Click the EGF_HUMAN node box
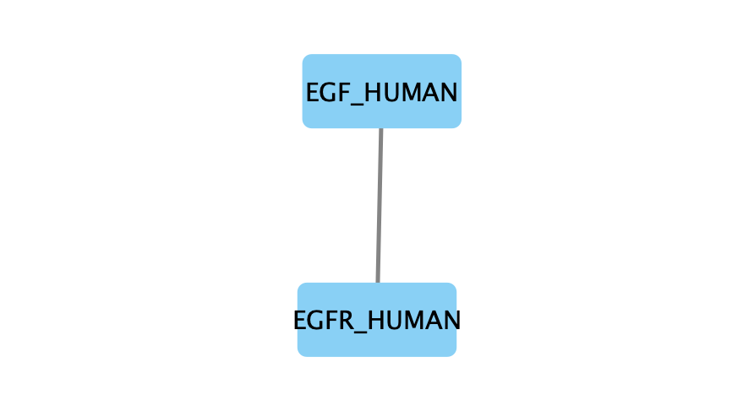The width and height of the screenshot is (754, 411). (382, 91)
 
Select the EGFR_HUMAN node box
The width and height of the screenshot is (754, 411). (377, 320)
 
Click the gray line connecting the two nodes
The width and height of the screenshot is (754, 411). (380, 206)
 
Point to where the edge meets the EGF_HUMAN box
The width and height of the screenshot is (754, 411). (381, 128)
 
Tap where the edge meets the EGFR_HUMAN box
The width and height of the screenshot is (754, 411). (378, 283)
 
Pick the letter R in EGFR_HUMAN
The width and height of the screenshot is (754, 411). (344, 320)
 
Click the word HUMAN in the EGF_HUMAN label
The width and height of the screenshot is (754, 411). (411, 93)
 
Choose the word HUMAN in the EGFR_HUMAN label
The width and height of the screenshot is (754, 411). (413, 320)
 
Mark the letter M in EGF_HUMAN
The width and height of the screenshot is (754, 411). (409, 93)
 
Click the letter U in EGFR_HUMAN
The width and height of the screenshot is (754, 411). (391, 321)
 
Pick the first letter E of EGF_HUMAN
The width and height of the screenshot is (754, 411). (313, 93)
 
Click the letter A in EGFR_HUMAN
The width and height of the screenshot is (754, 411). (432, 320)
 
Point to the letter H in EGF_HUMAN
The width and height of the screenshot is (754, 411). (372, 93)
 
